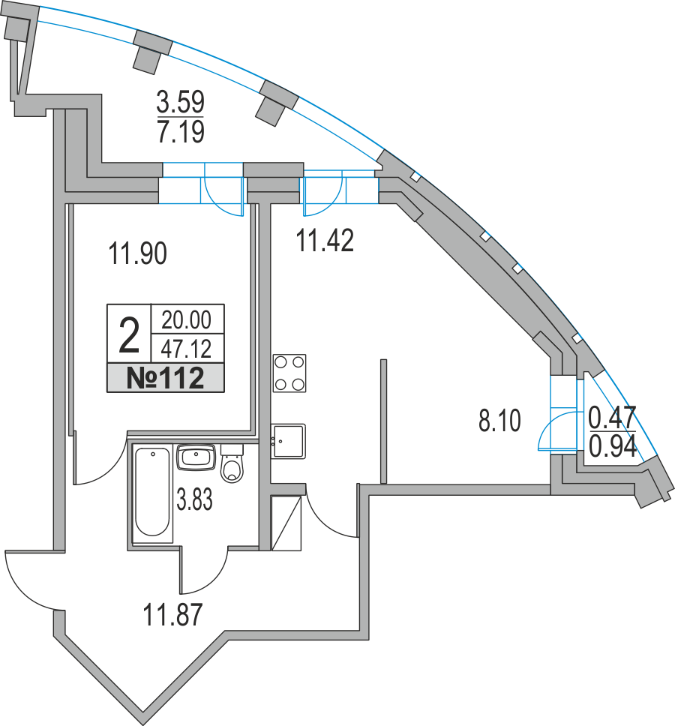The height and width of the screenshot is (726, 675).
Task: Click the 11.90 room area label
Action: (137, 253)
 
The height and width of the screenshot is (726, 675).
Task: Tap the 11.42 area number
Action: (325, 241)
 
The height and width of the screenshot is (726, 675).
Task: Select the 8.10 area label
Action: (499, 421)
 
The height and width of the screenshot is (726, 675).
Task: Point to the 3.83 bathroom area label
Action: (194, 499)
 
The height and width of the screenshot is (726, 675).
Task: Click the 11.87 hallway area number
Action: (172, 615)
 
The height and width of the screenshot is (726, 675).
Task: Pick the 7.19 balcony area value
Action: (181, 131)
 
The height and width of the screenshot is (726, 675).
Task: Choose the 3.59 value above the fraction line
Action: (181, 102)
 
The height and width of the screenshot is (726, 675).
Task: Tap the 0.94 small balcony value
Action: (613, 447)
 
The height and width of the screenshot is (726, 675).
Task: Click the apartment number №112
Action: (165, 378)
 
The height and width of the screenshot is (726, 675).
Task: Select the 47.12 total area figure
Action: (186, 349)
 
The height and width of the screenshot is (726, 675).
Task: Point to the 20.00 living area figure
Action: (186, 320)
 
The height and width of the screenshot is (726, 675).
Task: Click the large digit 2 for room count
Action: (129, 335)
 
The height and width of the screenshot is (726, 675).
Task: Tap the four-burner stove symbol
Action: (289, 373)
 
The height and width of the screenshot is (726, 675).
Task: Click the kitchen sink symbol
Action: (288, 441)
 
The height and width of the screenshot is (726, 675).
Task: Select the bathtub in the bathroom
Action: (151, 492)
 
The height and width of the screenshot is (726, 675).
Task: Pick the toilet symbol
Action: (232, 463)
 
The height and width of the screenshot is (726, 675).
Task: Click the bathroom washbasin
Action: (196, 457)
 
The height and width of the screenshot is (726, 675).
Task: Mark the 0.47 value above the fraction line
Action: (613, 418)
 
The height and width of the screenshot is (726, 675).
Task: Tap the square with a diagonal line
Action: (286, 523)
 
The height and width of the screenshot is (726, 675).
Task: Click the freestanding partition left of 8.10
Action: (383, 421)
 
